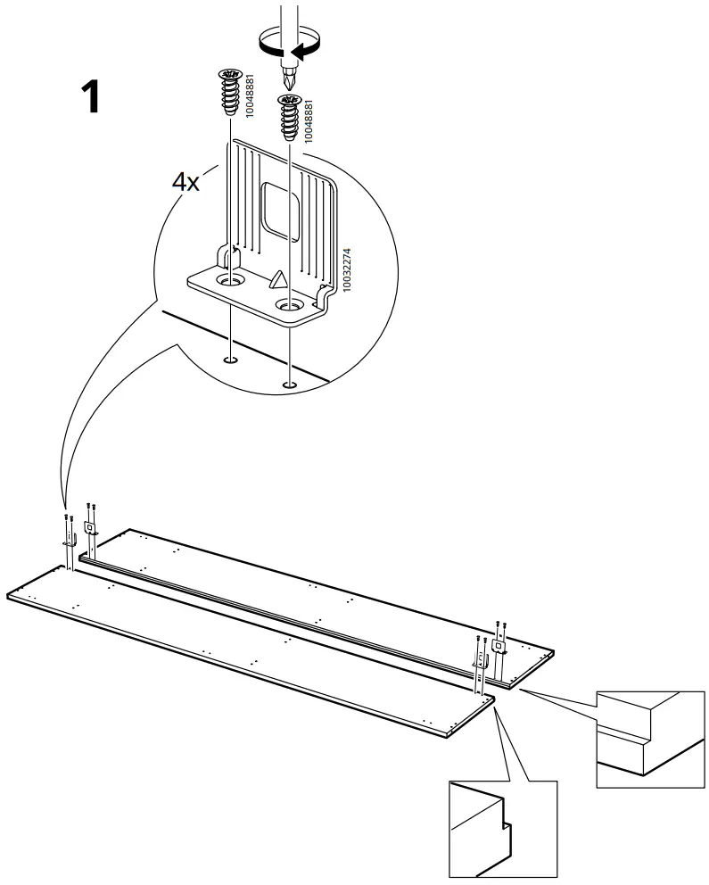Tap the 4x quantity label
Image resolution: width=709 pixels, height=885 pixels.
185,183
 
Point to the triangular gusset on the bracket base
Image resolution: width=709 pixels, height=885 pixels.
278,280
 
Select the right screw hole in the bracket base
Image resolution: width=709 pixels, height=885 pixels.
287,307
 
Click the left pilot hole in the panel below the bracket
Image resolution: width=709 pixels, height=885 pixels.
231,360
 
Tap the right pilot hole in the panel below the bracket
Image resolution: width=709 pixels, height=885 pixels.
288,385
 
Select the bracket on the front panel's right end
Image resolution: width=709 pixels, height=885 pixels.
480,659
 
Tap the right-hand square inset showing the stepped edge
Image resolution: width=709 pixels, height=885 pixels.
648,739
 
